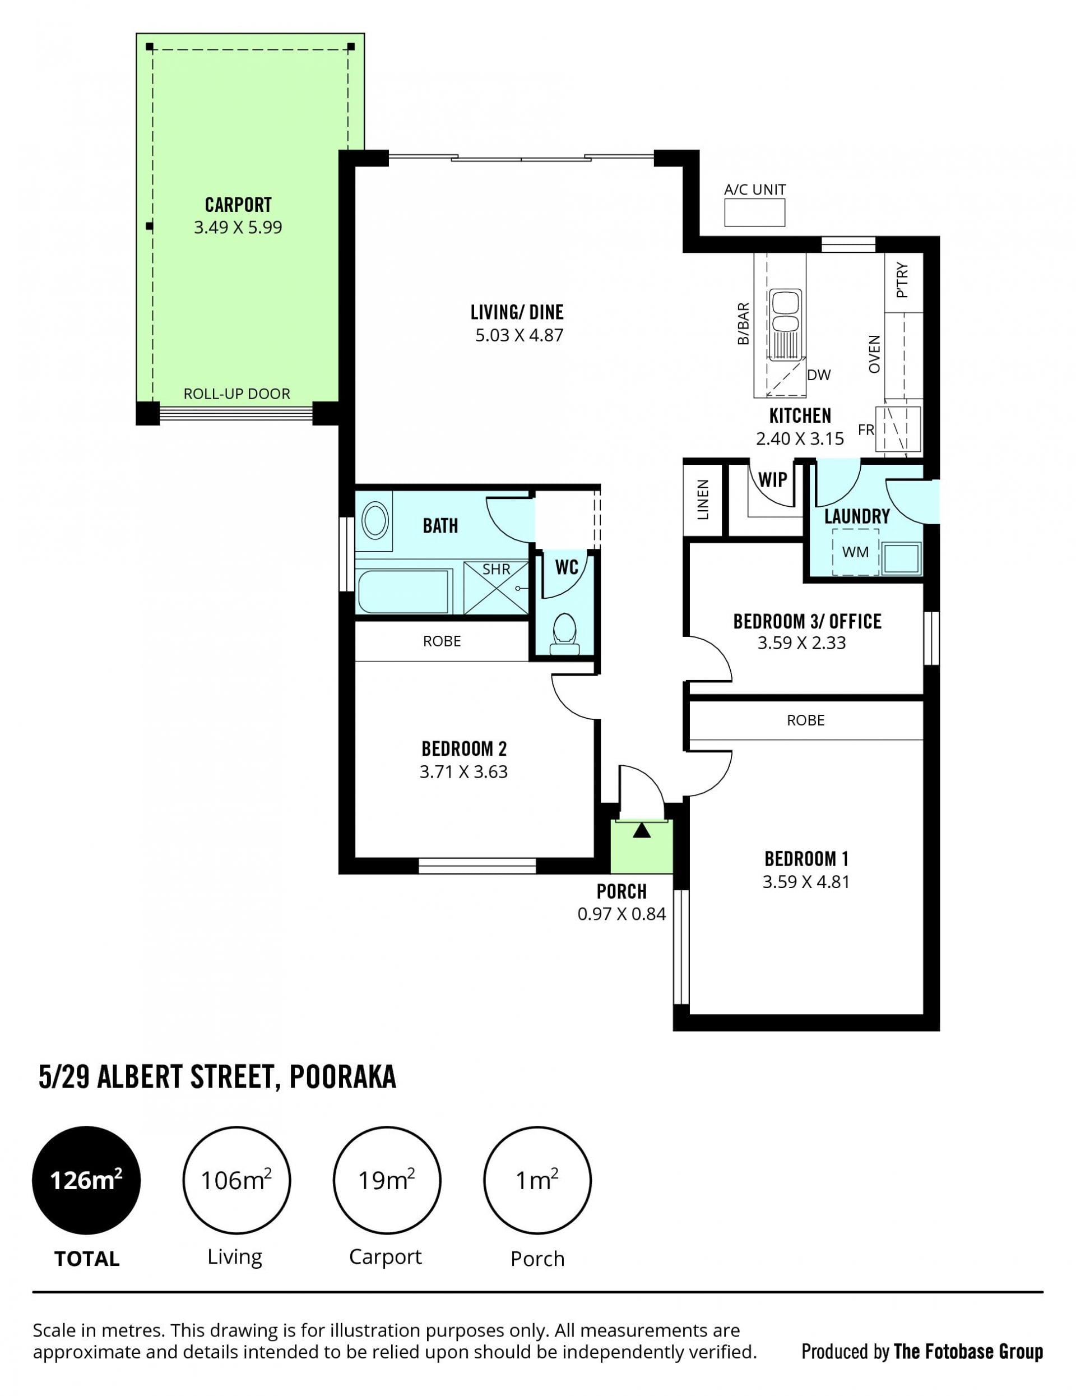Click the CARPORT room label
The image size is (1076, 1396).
pos(238,205)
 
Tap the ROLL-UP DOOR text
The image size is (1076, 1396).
pos(237,394)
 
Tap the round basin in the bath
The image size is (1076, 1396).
pos(375,520)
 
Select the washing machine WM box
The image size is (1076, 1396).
pos(855,552)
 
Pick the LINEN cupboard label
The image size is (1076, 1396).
pos(703,500)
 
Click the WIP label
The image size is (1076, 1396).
pos(772,479)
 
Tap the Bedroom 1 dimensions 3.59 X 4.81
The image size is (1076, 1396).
pos(806,882)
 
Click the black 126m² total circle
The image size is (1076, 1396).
pos(86,1180)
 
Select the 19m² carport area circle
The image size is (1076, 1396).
pos(387,1180)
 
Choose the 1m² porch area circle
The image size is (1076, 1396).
pos(537,1180)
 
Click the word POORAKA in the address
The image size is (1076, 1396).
pos(343,1076)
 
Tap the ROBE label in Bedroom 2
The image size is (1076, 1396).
pos(442,641)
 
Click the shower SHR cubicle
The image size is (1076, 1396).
pos(496,588)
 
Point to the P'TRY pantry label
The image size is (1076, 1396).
pos(902,281)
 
